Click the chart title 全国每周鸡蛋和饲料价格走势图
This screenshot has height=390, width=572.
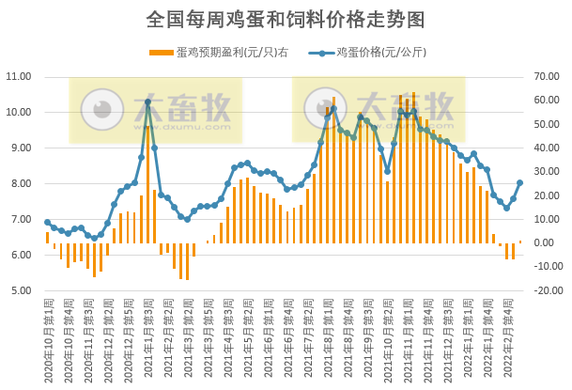click(x=286, y=19)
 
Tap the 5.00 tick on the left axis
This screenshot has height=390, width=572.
click(x=23, y=290)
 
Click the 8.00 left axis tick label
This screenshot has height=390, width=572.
click(x=23, y=183)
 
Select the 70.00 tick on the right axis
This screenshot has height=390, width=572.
click(x=546, y=76)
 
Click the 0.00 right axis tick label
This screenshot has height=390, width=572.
click(x=548, y=242)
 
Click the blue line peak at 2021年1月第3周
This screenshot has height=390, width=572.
click(x=148, y=101)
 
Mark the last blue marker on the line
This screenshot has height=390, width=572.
click(x=520, y=183)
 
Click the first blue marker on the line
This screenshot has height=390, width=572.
click(x=47, y=222)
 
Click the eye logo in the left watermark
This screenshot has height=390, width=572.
click(x=98, y=111)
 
